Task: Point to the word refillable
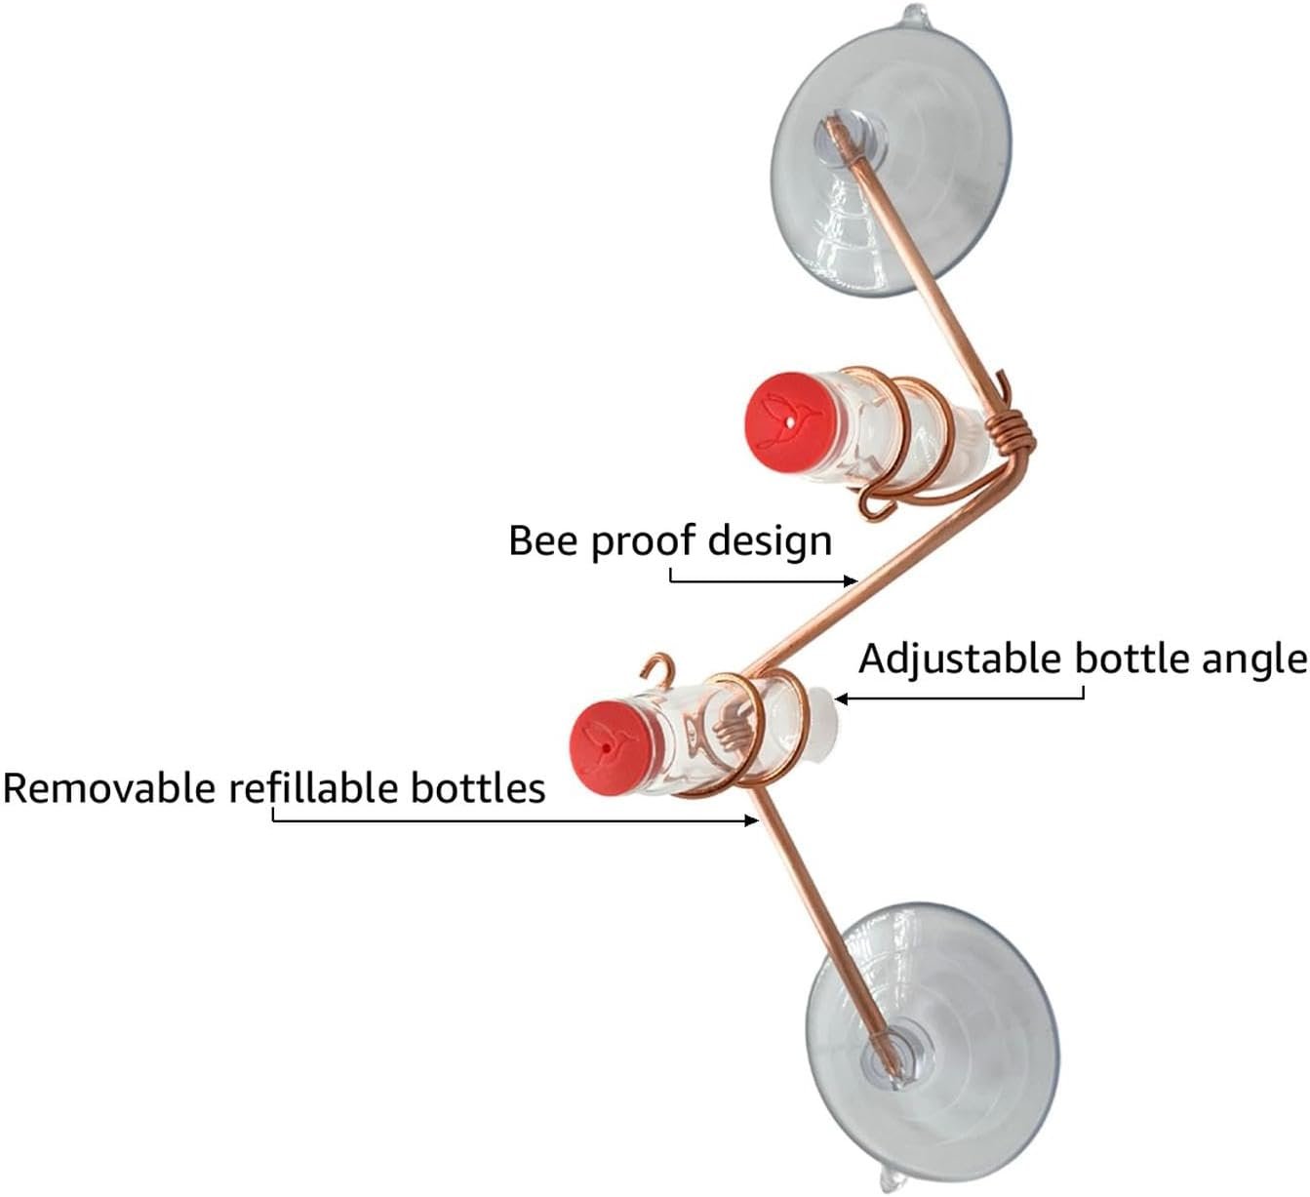(314, 787)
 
